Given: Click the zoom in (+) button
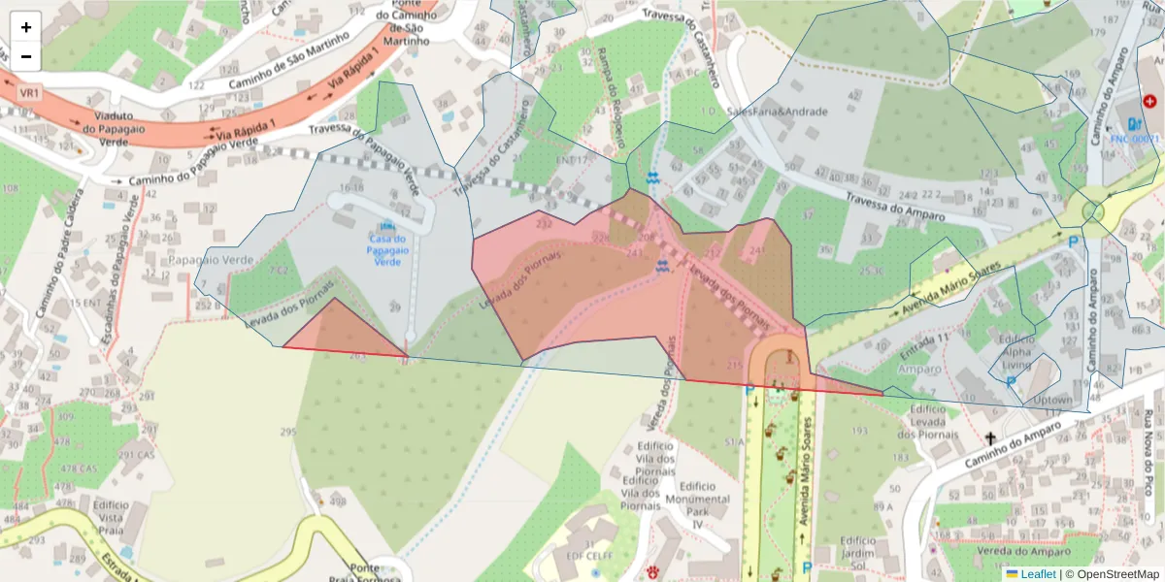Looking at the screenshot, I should pos(26,27).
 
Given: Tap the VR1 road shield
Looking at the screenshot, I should pos(29,92).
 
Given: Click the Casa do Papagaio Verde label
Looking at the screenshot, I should pos(387,249).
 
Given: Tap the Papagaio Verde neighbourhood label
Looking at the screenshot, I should pos(210,261).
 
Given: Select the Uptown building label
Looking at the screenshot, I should pos(1052,400).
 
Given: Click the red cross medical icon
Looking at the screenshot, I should pos(1150,101).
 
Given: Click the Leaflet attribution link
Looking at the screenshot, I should pos(1038,574).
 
